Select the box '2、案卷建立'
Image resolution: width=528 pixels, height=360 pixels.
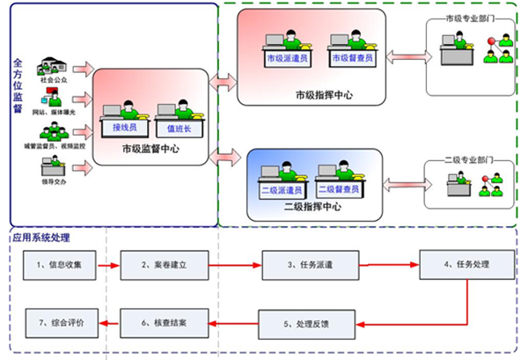[x=165, y=264]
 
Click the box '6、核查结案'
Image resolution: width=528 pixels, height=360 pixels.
[x=165, y=324]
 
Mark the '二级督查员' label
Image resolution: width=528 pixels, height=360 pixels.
[x=334, y=189]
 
